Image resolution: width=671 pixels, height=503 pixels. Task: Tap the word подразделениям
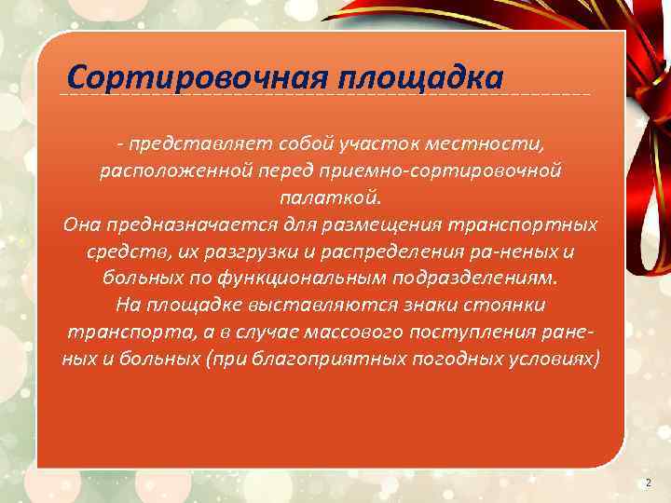pos(492,279)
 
